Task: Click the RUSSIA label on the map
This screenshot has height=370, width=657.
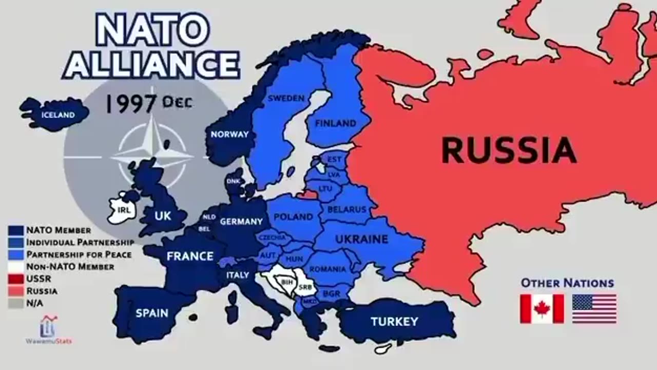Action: click(509, 150)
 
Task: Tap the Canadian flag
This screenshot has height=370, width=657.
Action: click(542, 309)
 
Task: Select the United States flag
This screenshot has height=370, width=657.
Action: click(594, 309)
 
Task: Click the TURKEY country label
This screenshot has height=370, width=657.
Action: click(394, 322)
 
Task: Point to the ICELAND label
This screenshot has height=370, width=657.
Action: click(58, 115)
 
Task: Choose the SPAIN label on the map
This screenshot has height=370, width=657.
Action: click(152, 313)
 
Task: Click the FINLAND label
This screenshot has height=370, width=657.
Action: click(335, 123)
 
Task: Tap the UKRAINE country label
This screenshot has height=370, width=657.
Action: click(361, 239)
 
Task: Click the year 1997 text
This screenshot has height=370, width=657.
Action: click(131, 103)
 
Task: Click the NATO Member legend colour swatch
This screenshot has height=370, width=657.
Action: click(15, 230)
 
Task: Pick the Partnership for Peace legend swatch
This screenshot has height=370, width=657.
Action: click(15, 254)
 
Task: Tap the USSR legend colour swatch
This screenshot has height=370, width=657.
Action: click(15, 279)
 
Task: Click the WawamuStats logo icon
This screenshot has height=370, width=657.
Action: click(49, 327)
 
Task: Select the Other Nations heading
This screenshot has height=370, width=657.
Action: click(567, 283)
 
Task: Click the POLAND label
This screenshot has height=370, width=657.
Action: click(293, 217)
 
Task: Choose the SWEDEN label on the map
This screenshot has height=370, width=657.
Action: click(286, 98)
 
